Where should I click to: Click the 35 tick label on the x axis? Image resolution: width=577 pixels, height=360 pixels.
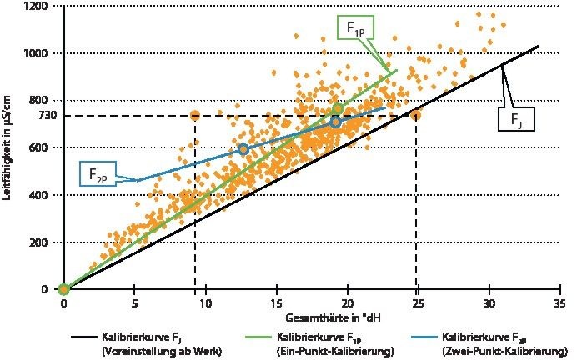(559, 303)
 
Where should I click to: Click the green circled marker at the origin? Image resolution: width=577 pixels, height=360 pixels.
(63, 289)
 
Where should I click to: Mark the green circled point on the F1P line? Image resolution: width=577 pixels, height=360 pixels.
(337, 109)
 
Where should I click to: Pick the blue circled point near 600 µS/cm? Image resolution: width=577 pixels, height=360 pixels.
(243, 148)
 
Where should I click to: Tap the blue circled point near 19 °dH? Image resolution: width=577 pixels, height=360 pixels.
(335, 122)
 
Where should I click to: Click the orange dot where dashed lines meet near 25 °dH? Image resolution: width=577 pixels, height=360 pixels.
(415, 115)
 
